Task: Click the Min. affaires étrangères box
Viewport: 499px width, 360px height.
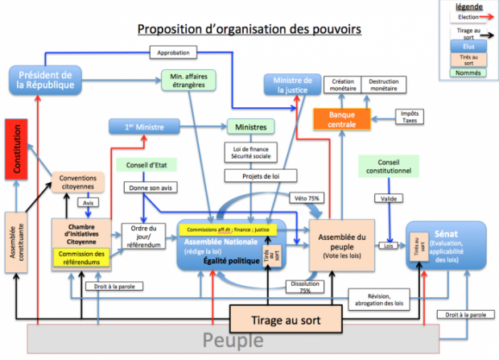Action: pos(184,81)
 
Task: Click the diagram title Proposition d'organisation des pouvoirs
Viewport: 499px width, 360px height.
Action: pos(249,29)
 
